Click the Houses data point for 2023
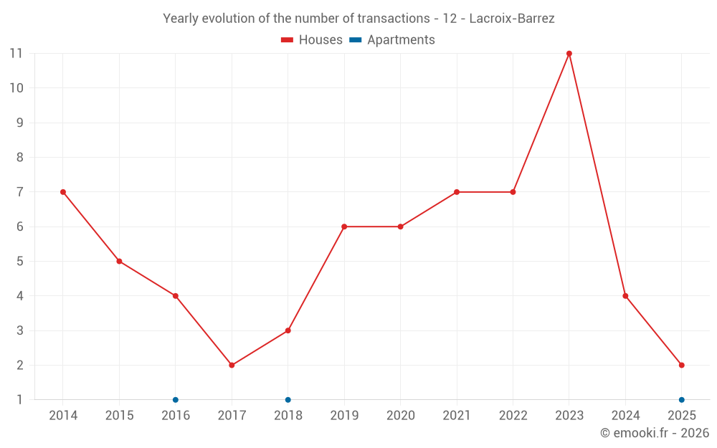coord(569,54)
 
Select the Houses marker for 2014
coord(63,192)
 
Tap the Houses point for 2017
coord(232,365)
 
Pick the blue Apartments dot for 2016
coord(176,399)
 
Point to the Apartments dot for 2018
coord(288,399)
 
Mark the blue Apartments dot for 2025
coord(682,399)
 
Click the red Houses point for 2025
coord(682,365)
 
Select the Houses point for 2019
coord(344,227)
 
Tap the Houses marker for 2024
coord(625,296)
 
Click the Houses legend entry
coord(312,40)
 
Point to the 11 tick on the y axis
coord(16,54)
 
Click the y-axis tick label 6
coord(20,227)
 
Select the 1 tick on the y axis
coord(20,399)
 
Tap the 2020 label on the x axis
coord(400,416)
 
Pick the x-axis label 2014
coord(63,416)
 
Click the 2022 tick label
coord(513,416)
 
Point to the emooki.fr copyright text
coord(655,433)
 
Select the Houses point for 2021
coord(457,192)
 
